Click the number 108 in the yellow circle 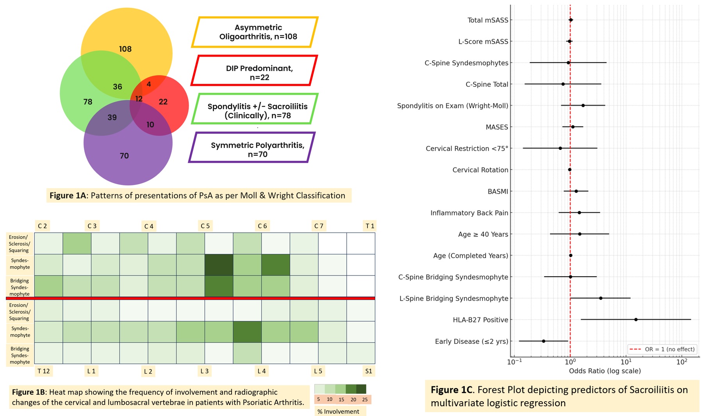pyautogui.click(x=125, y=49)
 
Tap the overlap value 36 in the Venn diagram pyautogui.click(x=118, y=87)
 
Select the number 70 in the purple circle pyautogui.click(x=124, y=156)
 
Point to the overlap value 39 pyautogui.click(x=112, y=117)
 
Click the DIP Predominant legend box pyautogui.click(x=254, y=71)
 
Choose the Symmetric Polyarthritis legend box pyautogui.click(x=252, y=148)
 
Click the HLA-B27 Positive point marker pyautogui.click(x=636, y=320)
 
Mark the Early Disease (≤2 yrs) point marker pyautogui.click(x=543, y=341)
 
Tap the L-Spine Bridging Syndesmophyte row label pyautogui.click(x=453, y=299)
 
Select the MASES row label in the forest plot pyautogui.click(x=497, y=127)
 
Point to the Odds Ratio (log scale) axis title pyautogui.click(x=605, y=371)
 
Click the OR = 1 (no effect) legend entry pyautogui.click(x=662, y=349)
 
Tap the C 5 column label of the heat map pyautogui.click(x=205, y=226)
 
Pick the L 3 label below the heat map pyautogui.click(x=204, y=371)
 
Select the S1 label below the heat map pyautogui.click(x=369, y=371)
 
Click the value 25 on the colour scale pyautogui.click(x=365, y=400)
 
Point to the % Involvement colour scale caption pyautogui.click(x=338, y=411)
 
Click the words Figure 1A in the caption pyautogui.click(x=68, y=196)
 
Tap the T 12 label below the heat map pyautogui.click(x=43, y=371)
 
